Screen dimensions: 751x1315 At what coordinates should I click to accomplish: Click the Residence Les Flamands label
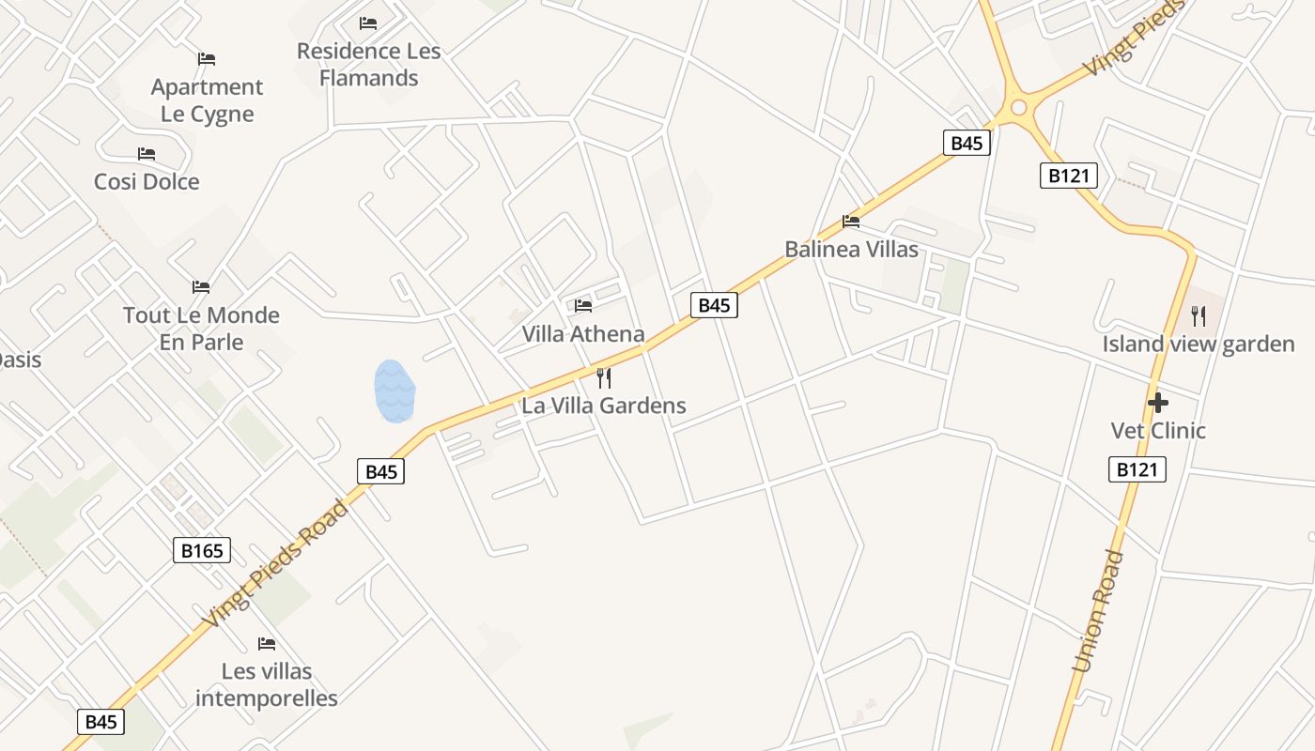click(368, 64)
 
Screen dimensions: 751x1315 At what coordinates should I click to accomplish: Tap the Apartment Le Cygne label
click(207, 100)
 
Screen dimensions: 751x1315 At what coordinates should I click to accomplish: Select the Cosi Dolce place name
click(147, 181)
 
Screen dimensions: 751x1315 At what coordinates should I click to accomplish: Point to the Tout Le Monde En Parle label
click(201, 329)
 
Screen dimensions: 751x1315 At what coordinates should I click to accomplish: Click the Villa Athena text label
click(583, 334)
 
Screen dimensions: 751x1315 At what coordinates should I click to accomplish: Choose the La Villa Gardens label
click(604, 406)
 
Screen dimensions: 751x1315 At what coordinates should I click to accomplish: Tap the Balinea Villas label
click(851, 250)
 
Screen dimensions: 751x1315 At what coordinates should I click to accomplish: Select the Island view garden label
click(1198, 344)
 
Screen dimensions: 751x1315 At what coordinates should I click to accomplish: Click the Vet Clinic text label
click(1158, 430)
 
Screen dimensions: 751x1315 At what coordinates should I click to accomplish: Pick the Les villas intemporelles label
click(267, 684)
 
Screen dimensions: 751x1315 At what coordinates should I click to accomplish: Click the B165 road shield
click(202, 550)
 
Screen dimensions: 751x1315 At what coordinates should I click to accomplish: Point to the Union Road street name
click(1098, 611)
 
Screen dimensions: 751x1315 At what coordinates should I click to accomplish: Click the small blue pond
click(394, 391)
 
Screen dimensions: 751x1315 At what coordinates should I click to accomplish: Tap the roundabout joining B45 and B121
click(1017, 108)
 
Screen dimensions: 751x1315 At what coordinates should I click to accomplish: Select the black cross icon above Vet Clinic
click(1158, 403)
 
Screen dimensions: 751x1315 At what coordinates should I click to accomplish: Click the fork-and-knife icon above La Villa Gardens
click(604, 378)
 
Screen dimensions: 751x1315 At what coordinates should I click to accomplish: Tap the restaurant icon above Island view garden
click(1198, 316)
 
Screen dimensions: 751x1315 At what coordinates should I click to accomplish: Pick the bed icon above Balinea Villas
click(851, 222)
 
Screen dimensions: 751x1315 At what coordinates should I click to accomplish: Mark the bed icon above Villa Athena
click(583, 305)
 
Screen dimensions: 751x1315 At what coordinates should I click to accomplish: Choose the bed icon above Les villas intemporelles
click(267, 644)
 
